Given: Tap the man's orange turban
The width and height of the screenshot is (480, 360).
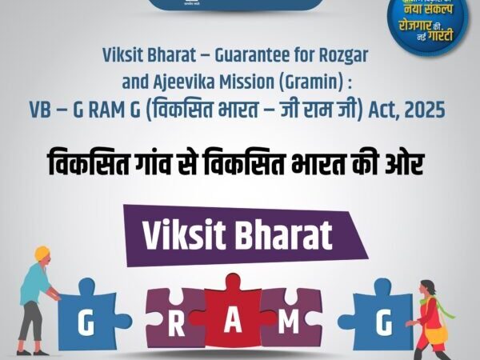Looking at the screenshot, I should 42,254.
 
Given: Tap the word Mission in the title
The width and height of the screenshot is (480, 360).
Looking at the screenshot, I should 251,81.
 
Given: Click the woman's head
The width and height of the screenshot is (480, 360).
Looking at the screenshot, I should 424,288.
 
